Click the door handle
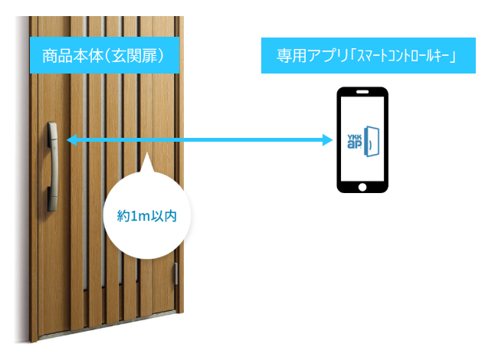(52, 166)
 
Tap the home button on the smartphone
(363, 186)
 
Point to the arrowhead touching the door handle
(70, 139)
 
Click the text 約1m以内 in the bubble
(146, 216)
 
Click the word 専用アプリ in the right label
(310, 56)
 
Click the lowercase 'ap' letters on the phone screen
(355, 145)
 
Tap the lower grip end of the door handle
(52, 205)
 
